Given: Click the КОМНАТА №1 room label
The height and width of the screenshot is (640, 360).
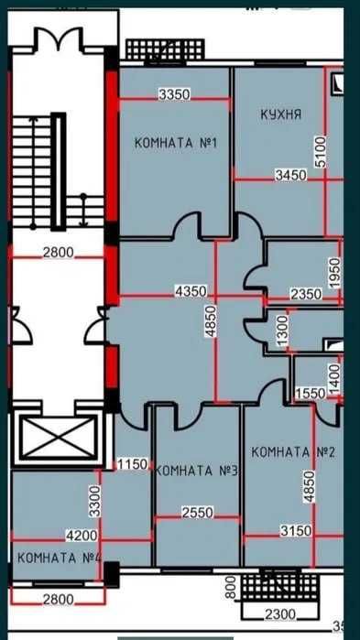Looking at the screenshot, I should click(174, 143).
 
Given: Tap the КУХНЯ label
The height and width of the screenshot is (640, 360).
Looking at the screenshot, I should click(280, 114).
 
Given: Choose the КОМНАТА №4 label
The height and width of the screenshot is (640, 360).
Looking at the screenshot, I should click(59, 558).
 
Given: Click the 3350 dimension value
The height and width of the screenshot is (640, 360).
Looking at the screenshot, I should click(174, 94).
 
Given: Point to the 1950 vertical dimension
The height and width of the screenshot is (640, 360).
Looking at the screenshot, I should click(335, 273).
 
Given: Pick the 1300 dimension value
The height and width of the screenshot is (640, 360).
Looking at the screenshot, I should click(283, 327).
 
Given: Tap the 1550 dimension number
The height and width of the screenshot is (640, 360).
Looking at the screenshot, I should click(311, 393).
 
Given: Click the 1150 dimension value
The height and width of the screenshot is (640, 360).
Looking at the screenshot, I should click(133, 464).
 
